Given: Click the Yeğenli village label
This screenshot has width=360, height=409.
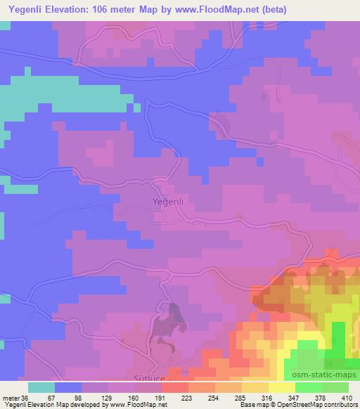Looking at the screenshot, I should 168,202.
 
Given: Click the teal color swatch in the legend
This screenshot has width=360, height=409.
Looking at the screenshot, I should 41,387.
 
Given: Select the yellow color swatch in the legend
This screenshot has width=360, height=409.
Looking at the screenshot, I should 281,387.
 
